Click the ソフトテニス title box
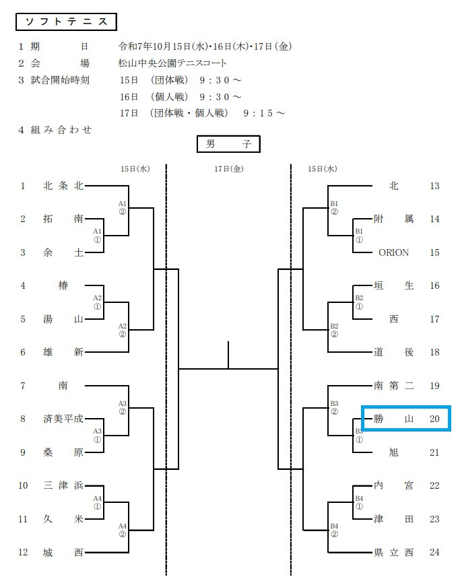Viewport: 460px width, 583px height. (66, 22)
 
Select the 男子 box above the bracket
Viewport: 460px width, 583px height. (228, 144)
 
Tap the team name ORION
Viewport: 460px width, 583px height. (394, 252)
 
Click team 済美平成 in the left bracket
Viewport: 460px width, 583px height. (63, 419)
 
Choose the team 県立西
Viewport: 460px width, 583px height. (394, 553)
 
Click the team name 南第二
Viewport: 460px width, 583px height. (394, 386)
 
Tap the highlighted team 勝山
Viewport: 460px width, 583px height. (394, 419)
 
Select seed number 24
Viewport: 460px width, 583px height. (434, 553)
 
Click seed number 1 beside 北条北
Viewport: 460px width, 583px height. (23, 186)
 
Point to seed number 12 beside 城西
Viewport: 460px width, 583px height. (23, 553)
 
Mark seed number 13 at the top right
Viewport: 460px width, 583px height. (434, 186)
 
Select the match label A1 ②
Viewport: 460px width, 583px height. (123, 207)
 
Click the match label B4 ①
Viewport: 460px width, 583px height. (359, 502)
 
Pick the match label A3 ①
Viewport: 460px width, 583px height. (97, 435)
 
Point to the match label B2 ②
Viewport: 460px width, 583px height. (334, 330)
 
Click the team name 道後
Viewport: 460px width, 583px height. (394, 352)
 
